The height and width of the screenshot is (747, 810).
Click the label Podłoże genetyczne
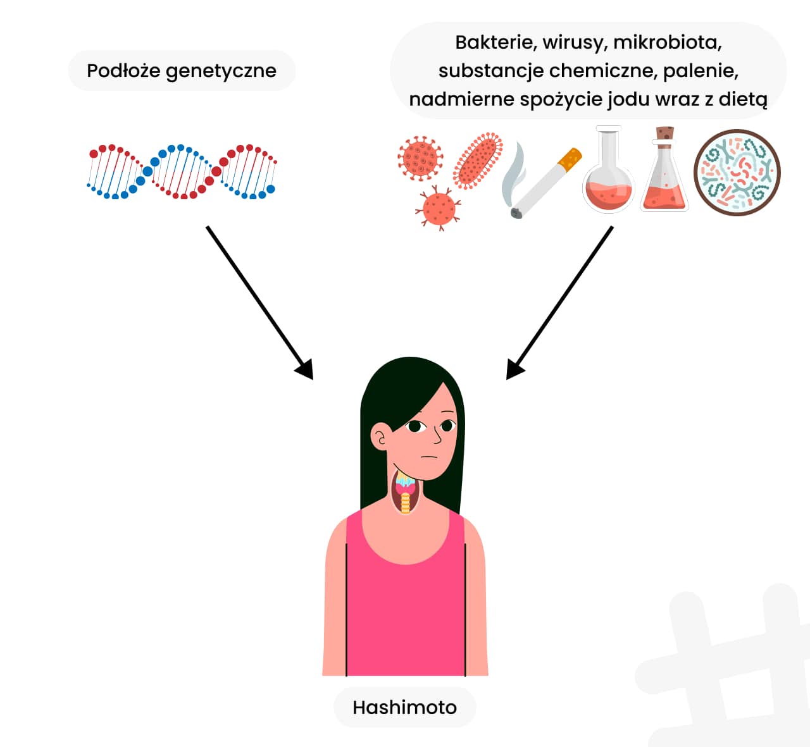click(182, 71)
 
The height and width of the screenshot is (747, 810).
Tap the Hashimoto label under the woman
click(404, 707)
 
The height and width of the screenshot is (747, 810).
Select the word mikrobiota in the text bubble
click(667, 42)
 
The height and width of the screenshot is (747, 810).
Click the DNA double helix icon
click(182, 171)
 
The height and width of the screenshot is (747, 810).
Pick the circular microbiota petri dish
click(737, 173)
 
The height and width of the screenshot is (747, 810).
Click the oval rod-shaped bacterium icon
click(478, 161)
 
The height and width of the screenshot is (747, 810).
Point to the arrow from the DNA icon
click(259, 302)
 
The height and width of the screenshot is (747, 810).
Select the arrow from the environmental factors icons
click(560, 302)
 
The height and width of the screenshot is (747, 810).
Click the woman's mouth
click(429, 457)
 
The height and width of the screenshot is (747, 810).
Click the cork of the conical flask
click(664, 134)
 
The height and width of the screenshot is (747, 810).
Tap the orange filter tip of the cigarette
click(571, 158)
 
